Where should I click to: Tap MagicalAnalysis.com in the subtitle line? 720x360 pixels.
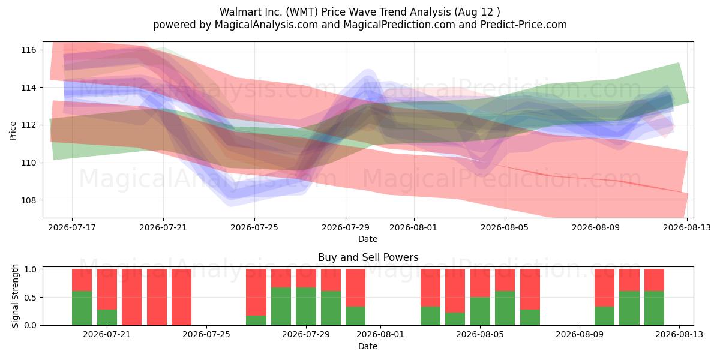click(266, 25)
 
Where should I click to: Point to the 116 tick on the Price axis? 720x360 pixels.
click(29, 50)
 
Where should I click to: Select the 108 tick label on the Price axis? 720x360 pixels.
click(29, 200)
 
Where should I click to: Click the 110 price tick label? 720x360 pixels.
click(29, 163)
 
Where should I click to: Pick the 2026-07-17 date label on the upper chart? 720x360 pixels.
click(72, 227)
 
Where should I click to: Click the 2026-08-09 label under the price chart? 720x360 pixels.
click(596, 227)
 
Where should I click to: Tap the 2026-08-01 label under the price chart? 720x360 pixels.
click(413, 227)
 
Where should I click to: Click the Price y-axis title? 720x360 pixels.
click(13, 131)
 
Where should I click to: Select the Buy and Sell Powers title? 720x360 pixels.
click(368, 257)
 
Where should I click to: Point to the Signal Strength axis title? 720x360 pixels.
click(15, 296)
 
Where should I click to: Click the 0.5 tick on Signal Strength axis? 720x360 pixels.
click(30, 298)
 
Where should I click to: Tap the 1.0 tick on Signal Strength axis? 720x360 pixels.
click(30, 269)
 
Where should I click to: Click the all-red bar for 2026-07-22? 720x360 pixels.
click(132, 297)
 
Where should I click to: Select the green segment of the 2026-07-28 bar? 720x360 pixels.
click(281, 307)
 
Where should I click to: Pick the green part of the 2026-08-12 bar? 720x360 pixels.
click(654, 308)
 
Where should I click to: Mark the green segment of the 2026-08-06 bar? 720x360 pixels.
click(530, 317)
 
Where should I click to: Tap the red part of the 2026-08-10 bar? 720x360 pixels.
click(604, 287)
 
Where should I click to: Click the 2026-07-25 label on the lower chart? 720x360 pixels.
click(206, 335)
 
